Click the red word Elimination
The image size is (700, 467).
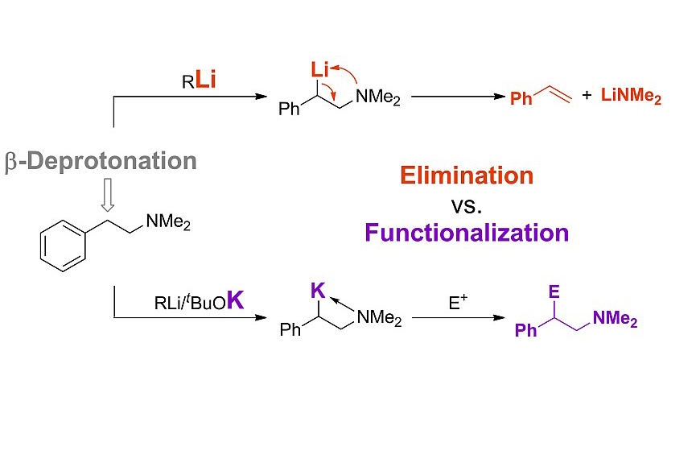[467, 176]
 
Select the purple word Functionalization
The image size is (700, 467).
[467, 233]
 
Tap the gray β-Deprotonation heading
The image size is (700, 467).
[101, 160]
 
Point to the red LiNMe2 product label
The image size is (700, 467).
[632, 97]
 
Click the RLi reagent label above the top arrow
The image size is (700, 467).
[199, 81]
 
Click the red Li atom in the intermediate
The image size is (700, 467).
[319, 72]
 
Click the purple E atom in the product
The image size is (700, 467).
[554, 293]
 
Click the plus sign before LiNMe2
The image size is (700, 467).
[587, 96]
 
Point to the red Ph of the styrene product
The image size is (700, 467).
[521, 99]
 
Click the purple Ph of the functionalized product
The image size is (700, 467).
[525, 331]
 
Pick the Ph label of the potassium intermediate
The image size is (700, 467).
[290, 330]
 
